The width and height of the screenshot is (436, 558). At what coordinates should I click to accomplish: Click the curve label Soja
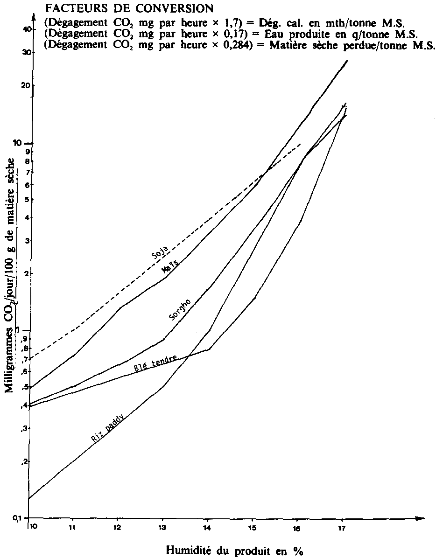pyautogui.click(x=160, y=252)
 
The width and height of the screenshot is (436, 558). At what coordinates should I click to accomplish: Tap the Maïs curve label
pyautogui.click(x=170, y=267)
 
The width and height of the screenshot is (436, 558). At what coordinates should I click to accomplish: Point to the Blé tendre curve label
pyautogui.click(x=155, y=363)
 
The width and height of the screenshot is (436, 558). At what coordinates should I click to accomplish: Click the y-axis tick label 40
pyautogui.click(x=27, y=29)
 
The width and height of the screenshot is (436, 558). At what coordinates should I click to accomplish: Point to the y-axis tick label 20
pyautogui.click(x=27, y=85)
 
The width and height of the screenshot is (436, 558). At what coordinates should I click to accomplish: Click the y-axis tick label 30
pyautogui.click(x=27, y=52)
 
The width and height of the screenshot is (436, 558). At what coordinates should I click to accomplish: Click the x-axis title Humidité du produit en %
pyautogui.click(x=235, y=551)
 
